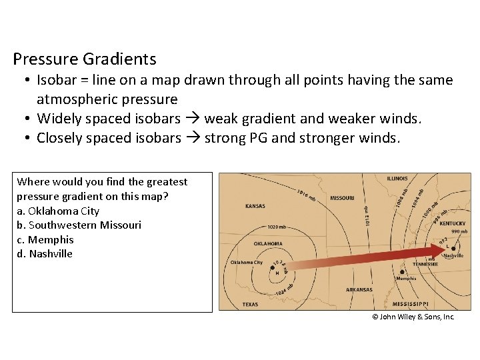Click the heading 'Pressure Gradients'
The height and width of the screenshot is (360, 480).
(x=85, y=59)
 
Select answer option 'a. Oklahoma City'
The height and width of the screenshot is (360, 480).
(x=58, y=211)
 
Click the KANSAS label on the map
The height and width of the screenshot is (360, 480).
(x=255, y=206)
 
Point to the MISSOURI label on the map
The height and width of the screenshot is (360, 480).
(x=342, y=198)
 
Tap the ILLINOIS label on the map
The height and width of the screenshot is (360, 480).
(x=397, y=179)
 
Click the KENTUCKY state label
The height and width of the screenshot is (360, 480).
(x=453, y=224)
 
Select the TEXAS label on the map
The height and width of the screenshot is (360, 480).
(x=250, y=305)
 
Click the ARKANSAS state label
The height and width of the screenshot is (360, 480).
(x=359, y=289)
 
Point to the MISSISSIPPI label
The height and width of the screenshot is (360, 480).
(x=411, y=303)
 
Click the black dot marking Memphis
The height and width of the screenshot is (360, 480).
(x=401, y=272)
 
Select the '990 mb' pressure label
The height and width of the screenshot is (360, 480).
(x=459, y=231)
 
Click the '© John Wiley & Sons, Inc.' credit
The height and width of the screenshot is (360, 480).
(x=413, y=317)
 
